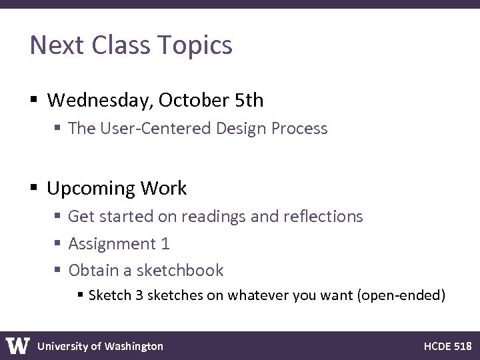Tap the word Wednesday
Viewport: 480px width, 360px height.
pyautogui.click(x=98, y=101)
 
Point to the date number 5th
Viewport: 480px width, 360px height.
pyautogui.click(x=249, y=101)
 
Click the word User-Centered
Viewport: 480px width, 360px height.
pyautogui.click(x=156, y=129)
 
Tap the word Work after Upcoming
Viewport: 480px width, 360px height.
pyautogui.click(x=163, y=189)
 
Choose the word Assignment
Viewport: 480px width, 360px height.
pyautogui.click(x=111, y=244)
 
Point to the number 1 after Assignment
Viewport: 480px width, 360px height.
pyautogui.click(x=165, y=244)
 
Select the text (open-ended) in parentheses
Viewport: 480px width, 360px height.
pyautogui.click(x=401, y=295)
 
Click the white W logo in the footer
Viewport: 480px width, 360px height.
pyautogui.click(x=18, y=345)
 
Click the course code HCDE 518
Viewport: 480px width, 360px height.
pyautogui.click(x=447, y=346)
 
